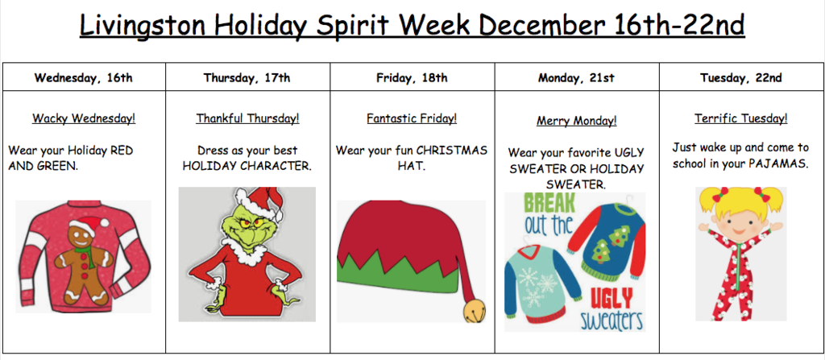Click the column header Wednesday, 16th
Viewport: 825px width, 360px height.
84,78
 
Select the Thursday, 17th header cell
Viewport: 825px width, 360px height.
247,78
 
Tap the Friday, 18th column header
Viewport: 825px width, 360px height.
412,78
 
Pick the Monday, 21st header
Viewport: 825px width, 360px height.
576,78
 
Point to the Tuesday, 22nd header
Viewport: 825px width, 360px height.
741,78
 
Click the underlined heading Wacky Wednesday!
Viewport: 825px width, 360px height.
84,118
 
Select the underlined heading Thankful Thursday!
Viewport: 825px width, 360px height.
248,118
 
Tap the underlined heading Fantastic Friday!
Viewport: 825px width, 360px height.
412,118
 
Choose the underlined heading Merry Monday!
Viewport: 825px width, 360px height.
577,121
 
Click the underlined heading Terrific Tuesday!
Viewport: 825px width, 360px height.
741,118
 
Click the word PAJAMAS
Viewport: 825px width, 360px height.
777,163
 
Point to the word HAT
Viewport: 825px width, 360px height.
412,167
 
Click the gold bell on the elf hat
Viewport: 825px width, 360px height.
474,311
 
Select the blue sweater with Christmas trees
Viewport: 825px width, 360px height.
613,239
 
